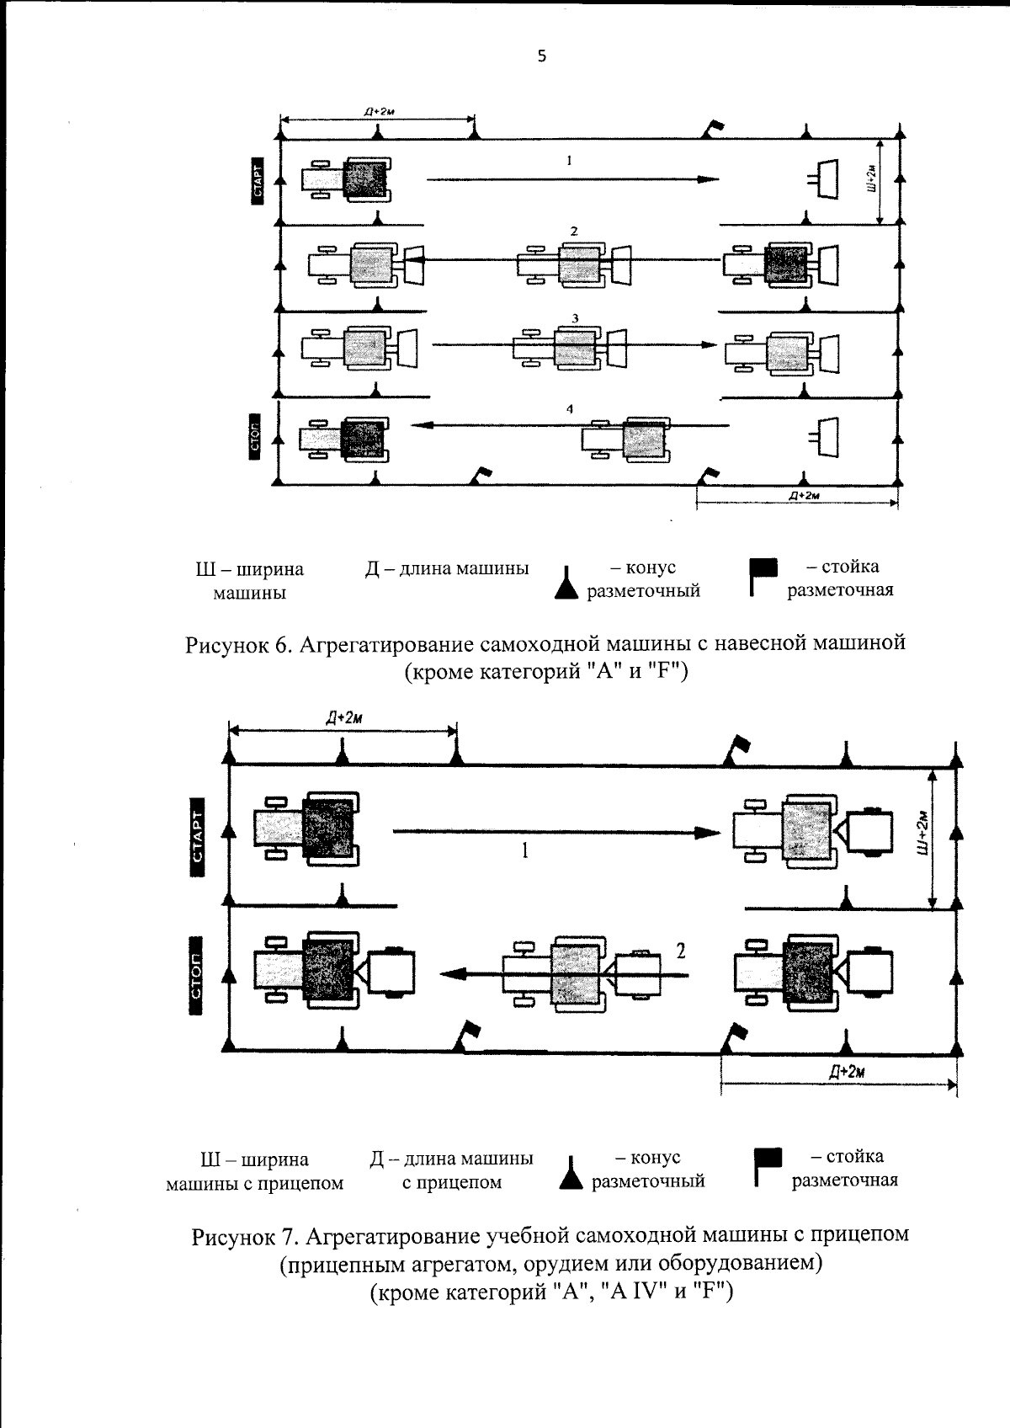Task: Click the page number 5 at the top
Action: click(541, 56)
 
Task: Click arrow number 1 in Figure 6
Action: click(572, 178)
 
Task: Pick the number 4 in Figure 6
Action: click(570, 409)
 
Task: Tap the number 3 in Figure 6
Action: click(574, 318)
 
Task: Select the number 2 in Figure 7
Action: click(681, 951)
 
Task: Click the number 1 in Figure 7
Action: click(524, 851)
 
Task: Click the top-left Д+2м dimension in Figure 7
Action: click(343, 717)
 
